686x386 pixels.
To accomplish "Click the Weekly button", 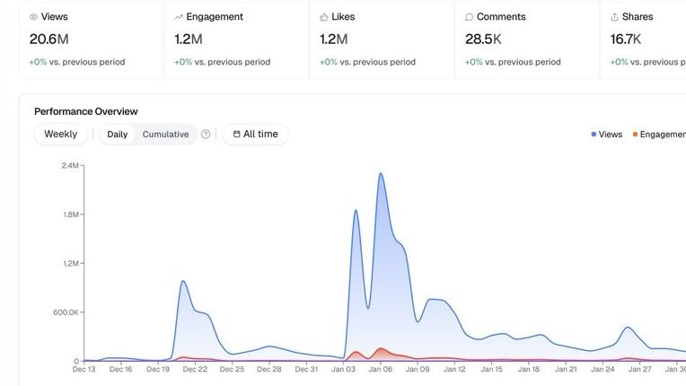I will click(61, 135).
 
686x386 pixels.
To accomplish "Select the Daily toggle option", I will click(118, 135).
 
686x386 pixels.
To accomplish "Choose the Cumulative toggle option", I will click(165, 135).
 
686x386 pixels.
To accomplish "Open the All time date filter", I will click(255, 135).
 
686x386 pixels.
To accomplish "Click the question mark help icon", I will click(206, 135).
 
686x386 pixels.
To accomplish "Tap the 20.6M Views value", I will click(48, 39).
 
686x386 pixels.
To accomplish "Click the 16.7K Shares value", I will click(625, 39).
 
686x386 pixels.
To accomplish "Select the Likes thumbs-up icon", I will click(324, 17).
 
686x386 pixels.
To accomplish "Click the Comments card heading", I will click(501, 17).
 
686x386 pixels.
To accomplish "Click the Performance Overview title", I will click(86, 111).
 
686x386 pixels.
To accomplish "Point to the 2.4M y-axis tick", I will click(70, 166).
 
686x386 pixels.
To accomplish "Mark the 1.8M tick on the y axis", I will click(70, 215).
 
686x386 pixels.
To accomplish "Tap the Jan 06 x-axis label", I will click(381, 369).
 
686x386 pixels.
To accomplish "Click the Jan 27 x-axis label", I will click(640, 369).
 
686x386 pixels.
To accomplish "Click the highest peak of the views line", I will click(381, 173).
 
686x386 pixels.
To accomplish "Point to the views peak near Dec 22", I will click(183, 281).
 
